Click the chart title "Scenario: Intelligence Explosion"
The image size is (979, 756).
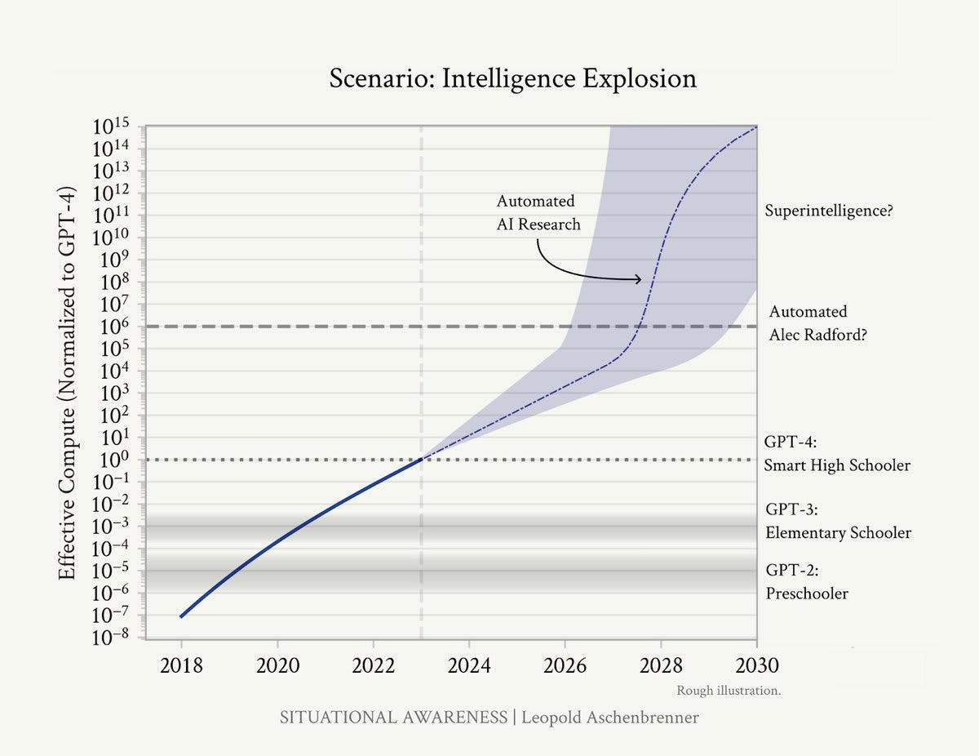512,78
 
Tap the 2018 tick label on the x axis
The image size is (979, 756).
181,665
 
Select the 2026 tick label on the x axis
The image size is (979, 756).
565,665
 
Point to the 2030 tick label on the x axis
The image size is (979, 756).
757,665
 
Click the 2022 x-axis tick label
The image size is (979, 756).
373,665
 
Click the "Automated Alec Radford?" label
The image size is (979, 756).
817,323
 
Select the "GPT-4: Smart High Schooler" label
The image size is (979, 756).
837,455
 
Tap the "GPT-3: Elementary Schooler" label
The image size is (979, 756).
838,521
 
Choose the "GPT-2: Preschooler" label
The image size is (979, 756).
807,581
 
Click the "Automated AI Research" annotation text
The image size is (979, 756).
538,212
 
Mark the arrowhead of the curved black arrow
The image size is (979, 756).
639,280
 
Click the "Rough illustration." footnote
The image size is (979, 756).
729,691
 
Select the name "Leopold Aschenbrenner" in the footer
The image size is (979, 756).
609,718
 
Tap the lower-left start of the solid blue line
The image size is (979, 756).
181,616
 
